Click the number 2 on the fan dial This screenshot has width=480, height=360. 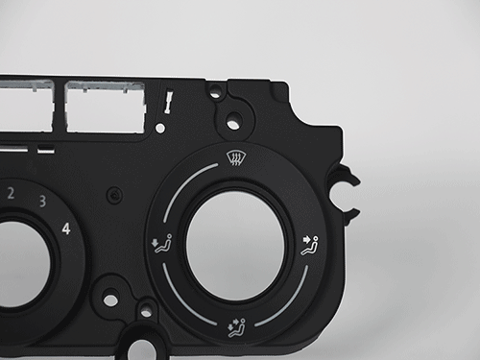pos(11,194)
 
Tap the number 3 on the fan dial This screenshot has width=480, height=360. pos(42,202)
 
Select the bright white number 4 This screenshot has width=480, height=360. pos(66,228)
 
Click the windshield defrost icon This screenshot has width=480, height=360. pos(234,157)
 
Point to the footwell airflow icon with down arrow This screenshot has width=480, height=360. pos(161,244)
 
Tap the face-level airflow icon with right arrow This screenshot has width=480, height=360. pos(310,246)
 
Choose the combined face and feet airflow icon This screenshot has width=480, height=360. pos(237,327)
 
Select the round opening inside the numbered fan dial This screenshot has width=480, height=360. pos(22,264)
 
